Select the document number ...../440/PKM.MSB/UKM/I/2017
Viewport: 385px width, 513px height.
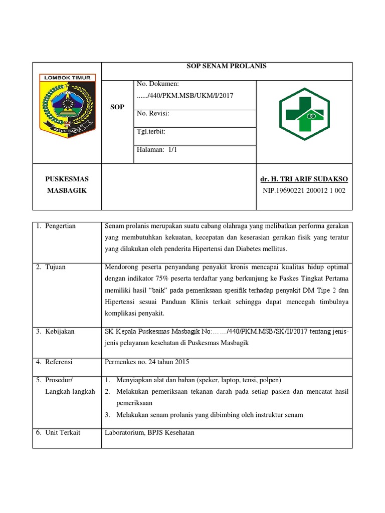point(184,95)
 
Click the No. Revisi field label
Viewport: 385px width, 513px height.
point(153,114)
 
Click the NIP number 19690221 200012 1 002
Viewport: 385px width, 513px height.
point(304,190)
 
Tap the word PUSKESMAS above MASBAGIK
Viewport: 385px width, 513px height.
point(66,179)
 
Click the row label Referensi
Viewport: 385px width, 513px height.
point(59,361)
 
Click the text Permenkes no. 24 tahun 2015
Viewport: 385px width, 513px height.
point(147,361)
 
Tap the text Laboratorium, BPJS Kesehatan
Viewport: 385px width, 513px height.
point(149,432)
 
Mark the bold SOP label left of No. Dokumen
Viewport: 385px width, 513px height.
point(117,107)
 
